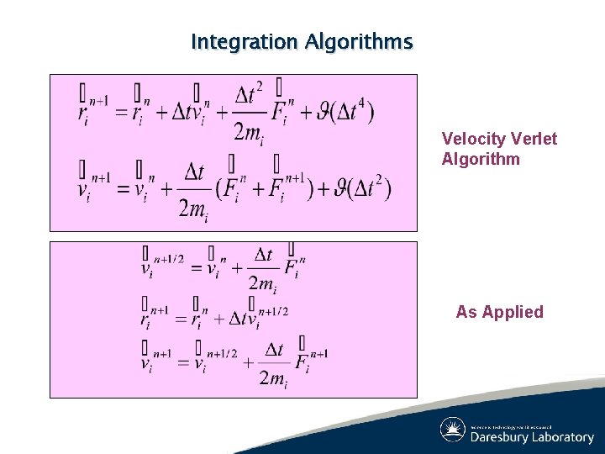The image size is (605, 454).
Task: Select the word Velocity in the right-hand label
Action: [x=471, y=139]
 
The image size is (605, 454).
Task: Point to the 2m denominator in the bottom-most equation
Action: [x=274, y=381]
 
